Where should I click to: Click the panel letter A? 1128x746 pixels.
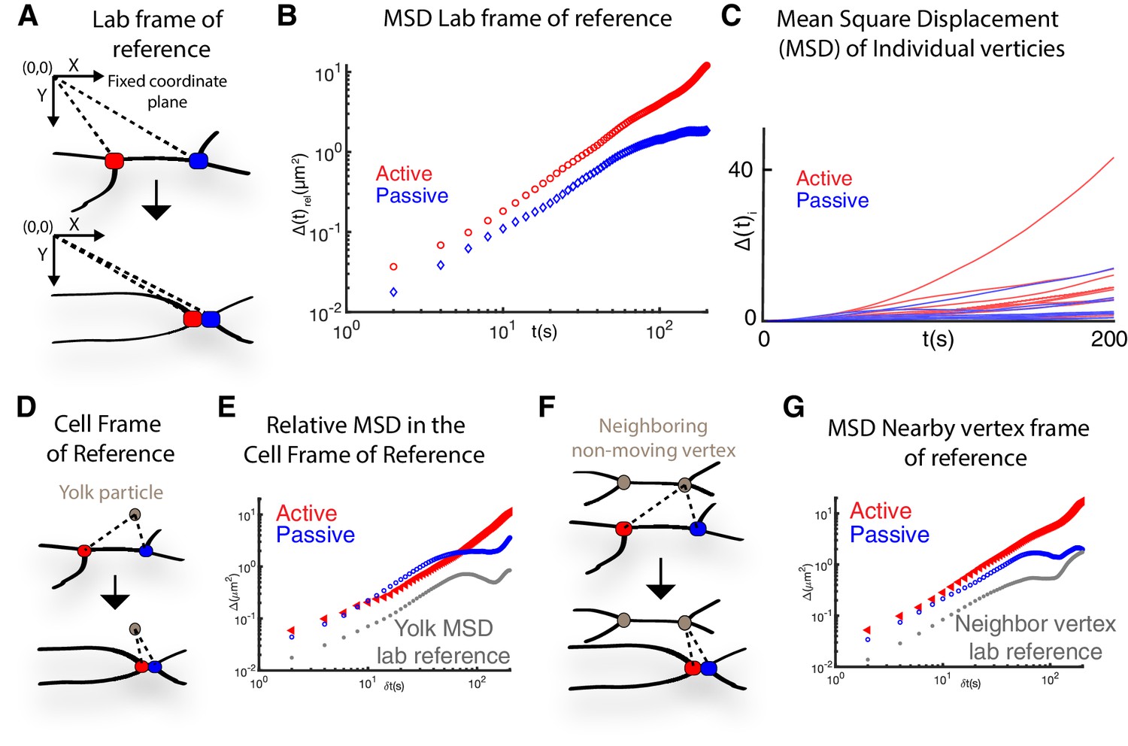(28, 16)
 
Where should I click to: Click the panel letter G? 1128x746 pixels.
(794, 407)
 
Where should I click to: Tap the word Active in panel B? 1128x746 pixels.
(404, 174)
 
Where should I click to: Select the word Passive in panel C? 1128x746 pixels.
(832, 201)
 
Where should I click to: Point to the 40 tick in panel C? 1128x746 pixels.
(740, 169)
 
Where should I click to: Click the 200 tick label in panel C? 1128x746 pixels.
(1109, 338)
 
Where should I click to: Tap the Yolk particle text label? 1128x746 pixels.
(111, 493)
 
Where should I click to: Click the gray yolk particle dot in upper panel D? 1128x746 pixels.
(135, 514)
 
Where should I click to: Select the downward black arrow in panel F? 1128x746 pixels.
(660, 578)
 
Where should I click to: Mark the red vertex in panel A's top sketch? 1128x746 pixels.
(114, 160)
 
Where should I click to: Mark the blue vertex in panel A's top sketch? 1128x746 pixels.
(199, 160)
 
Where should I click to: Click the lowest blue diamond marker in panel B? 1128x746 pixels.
(393, 292)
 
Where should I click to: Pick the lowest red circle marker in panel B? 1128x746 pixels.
(393, 267)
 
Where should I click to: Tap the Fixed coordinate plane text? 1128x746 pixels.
(167, 91)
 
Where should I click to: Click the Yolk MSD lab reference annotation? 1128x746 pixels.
(444, 641)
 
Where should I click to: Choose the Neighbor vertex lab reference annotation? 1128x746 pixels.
(1035, 638)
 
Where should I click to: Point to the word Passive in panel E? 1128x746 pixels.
(315, 535)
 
